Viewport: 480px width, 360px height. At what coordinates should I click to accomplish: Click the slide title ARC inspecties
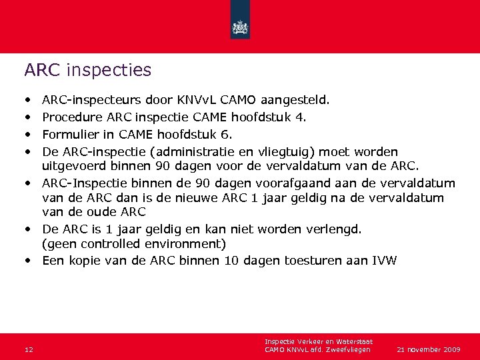coord(87,70)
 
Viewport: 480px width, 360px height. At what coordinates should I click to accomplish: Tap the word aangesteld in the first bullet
coord(293,101)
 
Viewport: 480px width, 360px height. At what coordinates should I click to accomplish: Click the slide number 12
coord(28,349)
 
